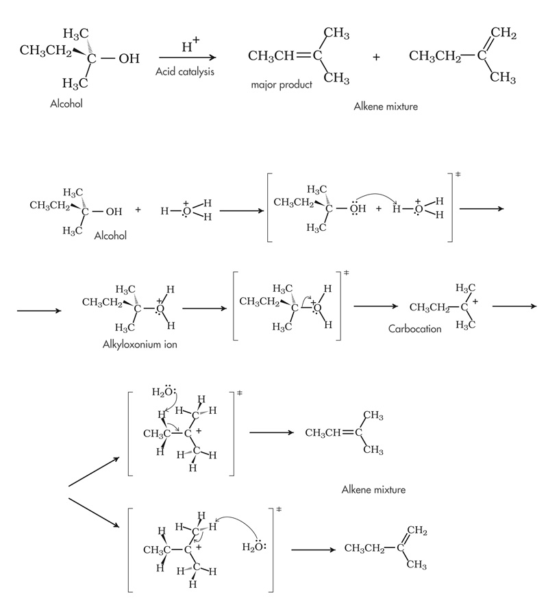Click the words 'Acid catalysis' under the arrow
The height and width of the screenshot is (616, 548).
click(x=184, y=71)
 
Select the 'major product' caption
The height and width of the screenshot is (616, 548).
click(x=282, y=85)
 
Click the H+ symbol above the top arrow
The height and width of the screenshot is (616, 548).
click(x=191, y=46)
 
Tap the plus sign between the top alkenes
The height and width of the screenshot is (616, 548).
click(x=376, y=57)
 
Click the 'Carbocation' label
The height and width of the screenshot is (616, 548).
click(x=415, y=328)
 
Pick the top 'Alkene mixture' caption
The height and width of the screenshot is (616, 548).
click(x=386, y=107)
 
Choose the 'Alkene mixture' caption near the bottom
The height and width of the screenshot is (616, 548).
click(x=373, y=489)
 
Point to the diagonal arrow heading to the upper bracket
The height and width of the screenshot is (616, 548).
click(x=95, y=471)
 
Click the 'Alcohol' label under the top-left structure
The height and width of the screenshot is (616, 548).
click(x=66, y=104)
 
